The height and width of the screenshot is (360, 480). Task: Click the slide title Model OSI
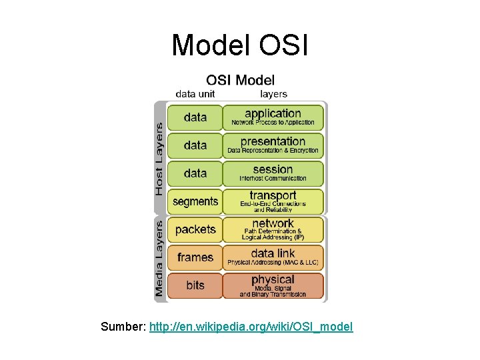[x=239, y=45]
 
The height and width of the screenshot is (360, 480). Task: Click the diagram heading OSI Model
[x=240, y=81]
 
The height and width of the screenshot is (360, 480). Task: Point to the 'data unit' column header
[x=195, y=94]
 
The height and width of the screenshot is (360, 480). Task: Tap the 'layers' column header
[x=273, y=94]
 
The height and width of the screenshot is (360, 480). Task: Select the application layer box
[x=273, y=117]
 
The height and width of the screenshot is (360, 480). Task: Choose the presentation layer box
[x=273, y=145]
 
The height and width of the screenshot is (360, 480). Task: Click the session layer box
[x=273, y=173]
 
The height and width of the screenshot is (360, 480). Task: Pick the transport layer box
[x=273, y=201]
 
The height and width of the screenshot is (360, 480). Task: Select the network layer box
[x=273, y=229]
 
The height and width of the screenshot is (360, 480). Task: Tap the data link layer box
[x=273, y=257]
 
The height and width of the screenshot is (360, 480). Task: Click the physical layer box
[x=273, y=285]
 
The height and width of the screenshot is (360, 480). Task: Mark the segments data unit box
[x=195, y=201]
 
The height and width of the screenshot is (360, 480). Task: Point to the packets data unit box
[x=195, y=229]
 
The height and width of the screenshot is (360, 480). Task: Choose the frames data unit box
[x=195, y=257]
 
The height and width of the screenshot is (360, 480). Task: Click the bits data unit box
[x=195, y=285]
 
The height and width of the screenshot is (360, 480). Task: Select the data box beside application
[x=195, y=117]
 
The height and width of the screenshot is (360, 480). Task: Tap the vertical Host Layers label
[x=159, y=158]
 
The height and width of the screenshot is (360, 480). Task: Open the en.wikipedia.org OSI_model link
[x=251, y=327]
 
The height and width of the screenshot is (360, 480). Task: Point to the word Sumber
[x=123, y=327]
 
